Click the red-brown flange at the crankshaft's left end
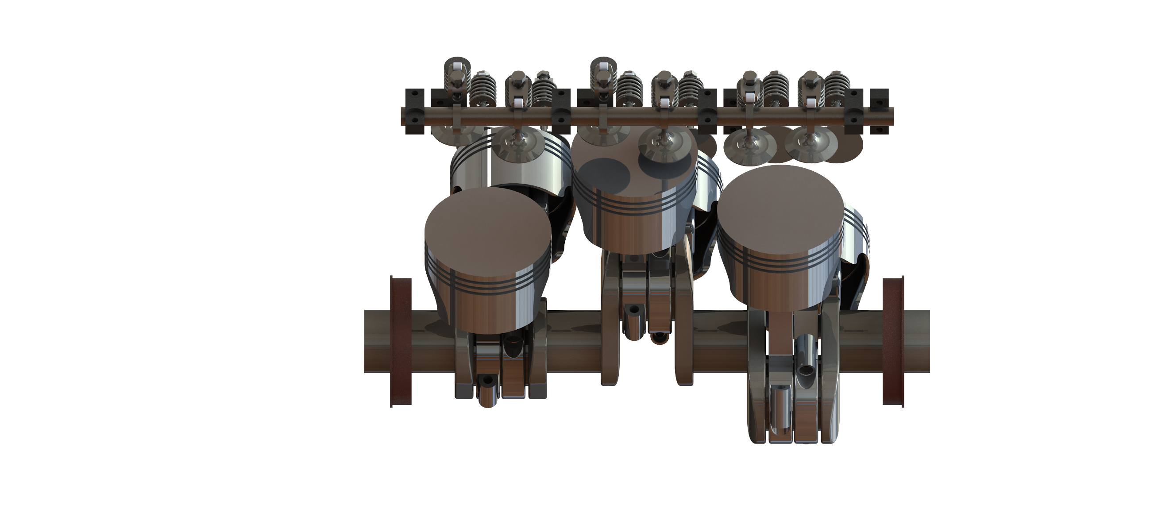coord(401,342)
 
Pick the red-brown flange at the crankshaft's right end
coord(893,342)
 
